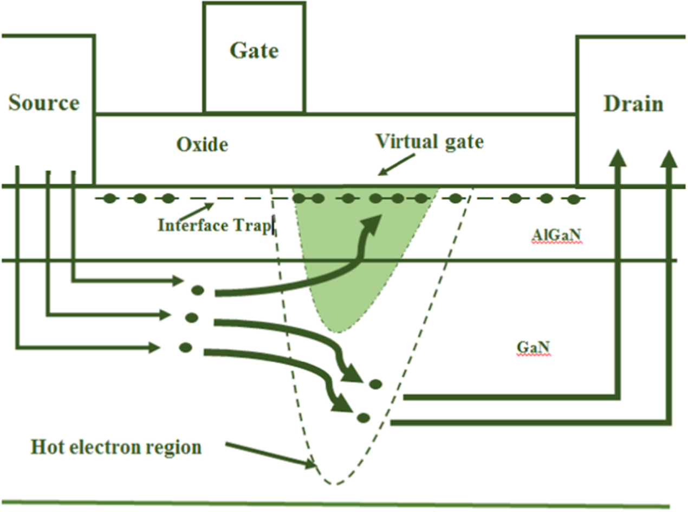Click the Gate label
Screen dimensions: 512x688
pyautogui.click(x=254, y=51)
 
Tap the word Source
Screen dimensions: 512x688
pyautogui.click(x=44, y=103)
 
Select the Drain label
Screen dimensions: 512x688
pyautogui.click(x=633, y=104)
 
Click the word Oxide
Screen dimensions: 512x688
pyautogui.click(x=202, y=145)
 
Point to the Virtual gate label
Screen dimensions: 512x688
pyautogui.click(x=430, y=142)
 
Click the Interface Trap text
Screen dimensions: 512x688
pyautogui.click(x=214, y=225)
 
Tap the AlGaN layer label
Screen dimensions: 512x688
pyautogui.click(x=557, y=237)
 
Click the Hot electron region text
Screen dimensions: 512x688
pyautogui.click(x=116, y=447)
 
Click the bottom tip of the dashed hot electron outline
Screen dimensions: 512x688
pyautogui.click(x=334, y=483)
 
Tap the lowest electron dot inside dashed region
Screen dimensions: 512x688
pyautogui.click(x=363, y=417)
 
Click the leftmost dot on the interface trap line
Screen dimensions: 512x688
pyautogui.click(x=111, y=199)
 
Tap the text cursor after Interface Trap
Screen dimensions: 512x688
pyautogui.click(x=274, y=225)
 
